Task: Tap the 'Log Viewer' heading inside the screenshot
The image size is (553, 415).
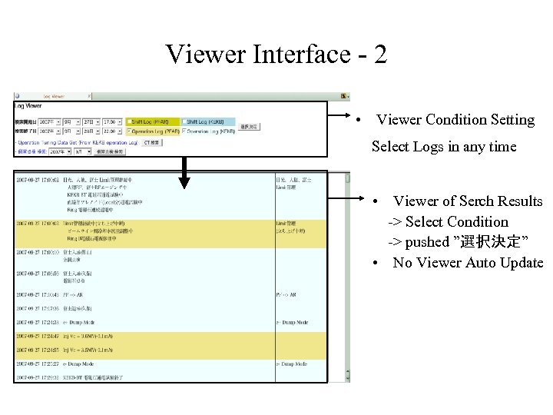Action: [28, 105]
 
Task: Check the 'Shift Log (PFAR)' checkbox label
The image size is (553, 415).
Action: [154, 121]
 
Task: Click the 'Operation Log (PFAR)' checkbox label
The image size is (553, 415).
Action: [154, 131]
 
